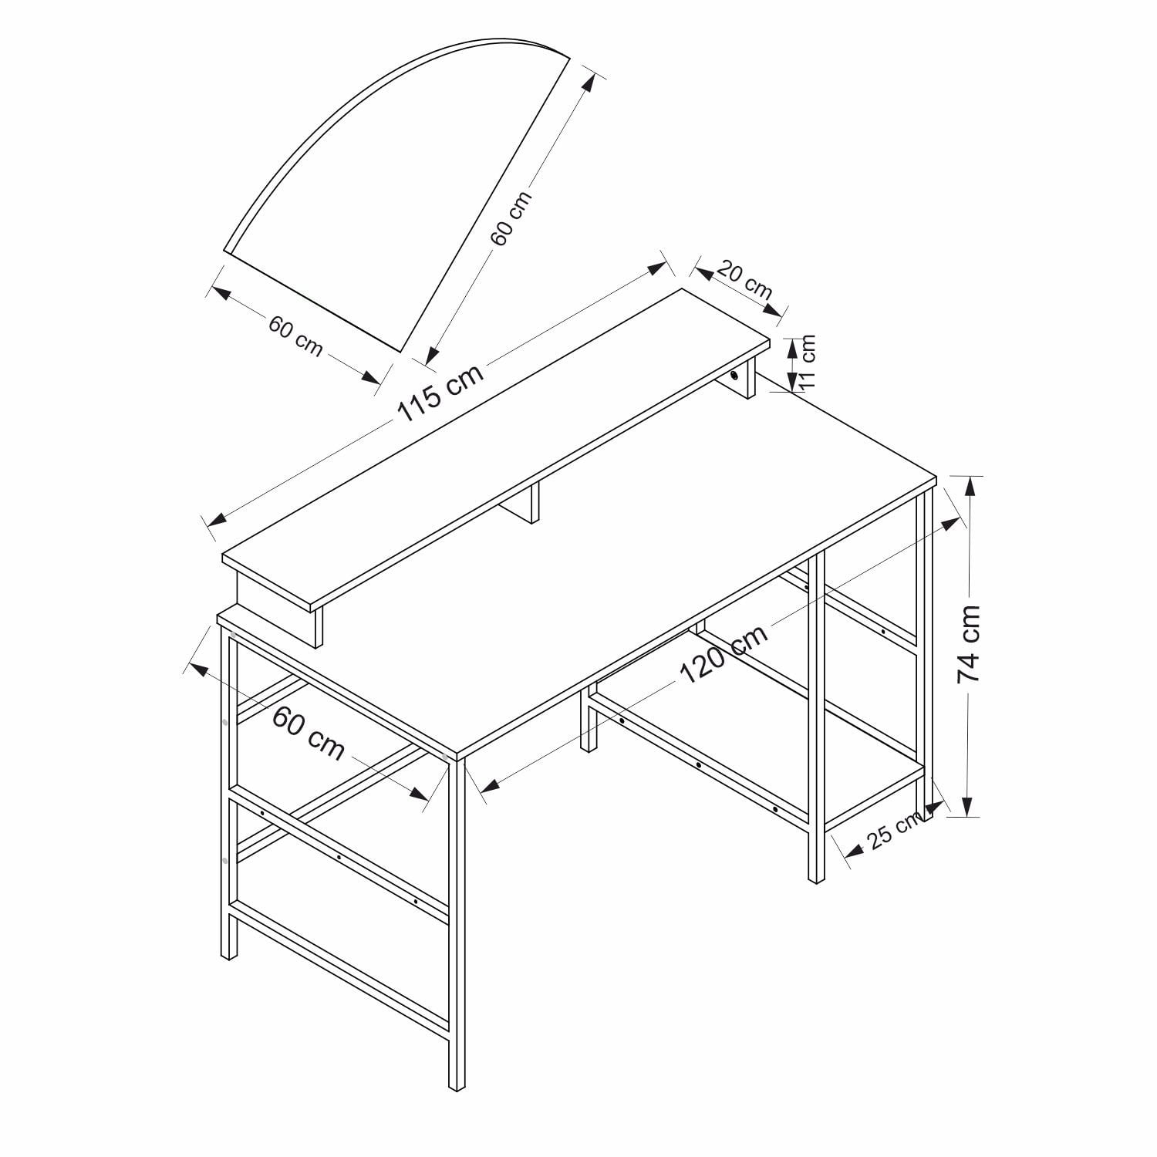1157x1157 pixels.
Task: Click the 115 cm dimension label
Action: [440, 392]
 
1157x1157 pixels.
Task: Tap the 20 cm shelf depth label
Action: [744, 279]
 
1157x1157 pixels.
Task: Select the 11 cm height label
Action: [807, 360]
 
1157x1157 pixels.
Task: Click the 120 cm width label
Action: [724, 654]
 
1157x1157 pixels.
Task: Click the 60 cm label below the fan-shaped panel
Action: [295, 336]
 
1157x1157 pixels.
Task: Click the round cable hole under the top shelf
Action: [734, 376]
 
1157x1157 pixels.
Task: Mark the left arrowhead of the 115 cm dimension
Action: [217, 518]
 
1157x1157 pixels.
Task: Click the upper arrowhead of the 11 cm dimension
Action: [791, 348]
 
